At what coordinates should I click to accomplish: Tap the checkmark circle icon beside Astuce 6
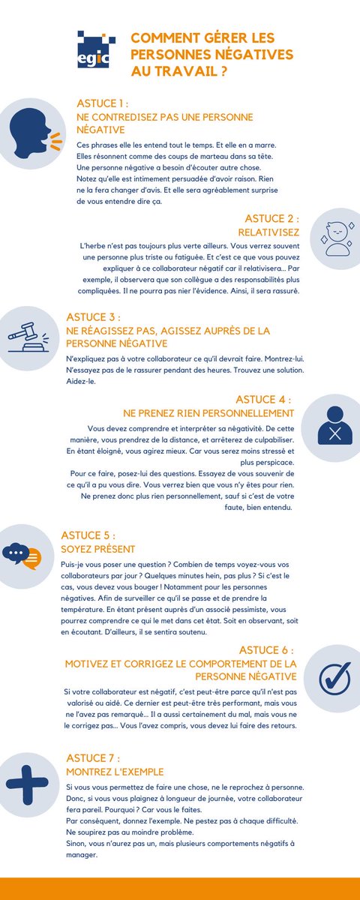(334, 678)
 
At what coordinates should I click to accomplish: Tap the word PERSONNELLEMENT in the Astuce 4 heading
(244, 412)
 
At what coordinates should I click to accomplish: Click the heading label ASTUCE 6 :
(265, 650)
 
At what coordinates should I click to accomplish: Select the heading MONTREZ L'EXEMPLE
(115, 771)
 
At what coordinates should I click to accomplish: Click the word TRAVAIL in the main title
(190, 73)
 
